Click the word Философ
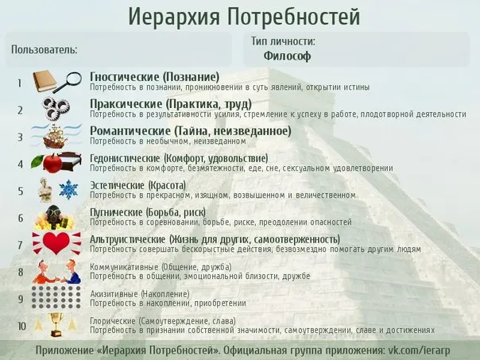[287, 56]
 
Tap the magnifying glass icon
[68, 82]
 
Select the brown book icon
[45, 81]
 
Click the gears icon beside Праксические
[56, 109]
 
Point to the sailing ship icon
[56, 137]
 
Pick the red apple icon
[52, 163]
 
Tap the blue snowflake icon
[68, 189]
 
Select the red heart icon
[56, 243]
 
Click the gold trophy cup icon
[56, 325]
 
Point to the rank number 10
[21, 327]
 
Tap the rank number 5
[21, 192]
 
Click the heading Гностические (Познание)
[155, 76]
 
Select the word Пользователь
[44, 49]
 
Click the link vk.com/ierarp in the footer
[419, 350]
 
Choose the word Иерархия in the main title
[174, 17]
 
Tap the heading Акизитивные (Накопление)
[140, 294]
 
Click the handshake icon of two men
[57, 272]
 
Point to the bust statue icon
[45, 190]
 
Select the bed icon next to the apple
[72, 161]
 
